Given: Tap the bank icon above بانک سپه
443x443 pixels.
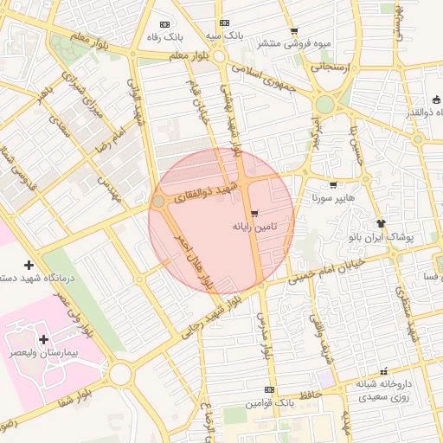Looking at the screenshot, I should click(224, 23).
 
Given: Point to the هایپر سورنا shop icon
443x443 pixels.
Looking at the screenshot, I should click(333, 184).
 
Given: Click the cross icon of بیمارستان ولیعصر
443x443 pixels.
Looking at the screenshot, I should click(43, 339).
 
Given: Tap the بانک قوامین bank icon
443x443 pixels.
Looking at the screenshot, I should click(269, 390).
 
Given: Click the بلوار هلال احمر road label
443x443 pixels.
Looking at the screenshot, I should click(193, 259).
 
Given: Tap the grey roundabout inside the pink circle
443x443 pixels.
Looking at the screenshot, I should click(159, 202).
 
